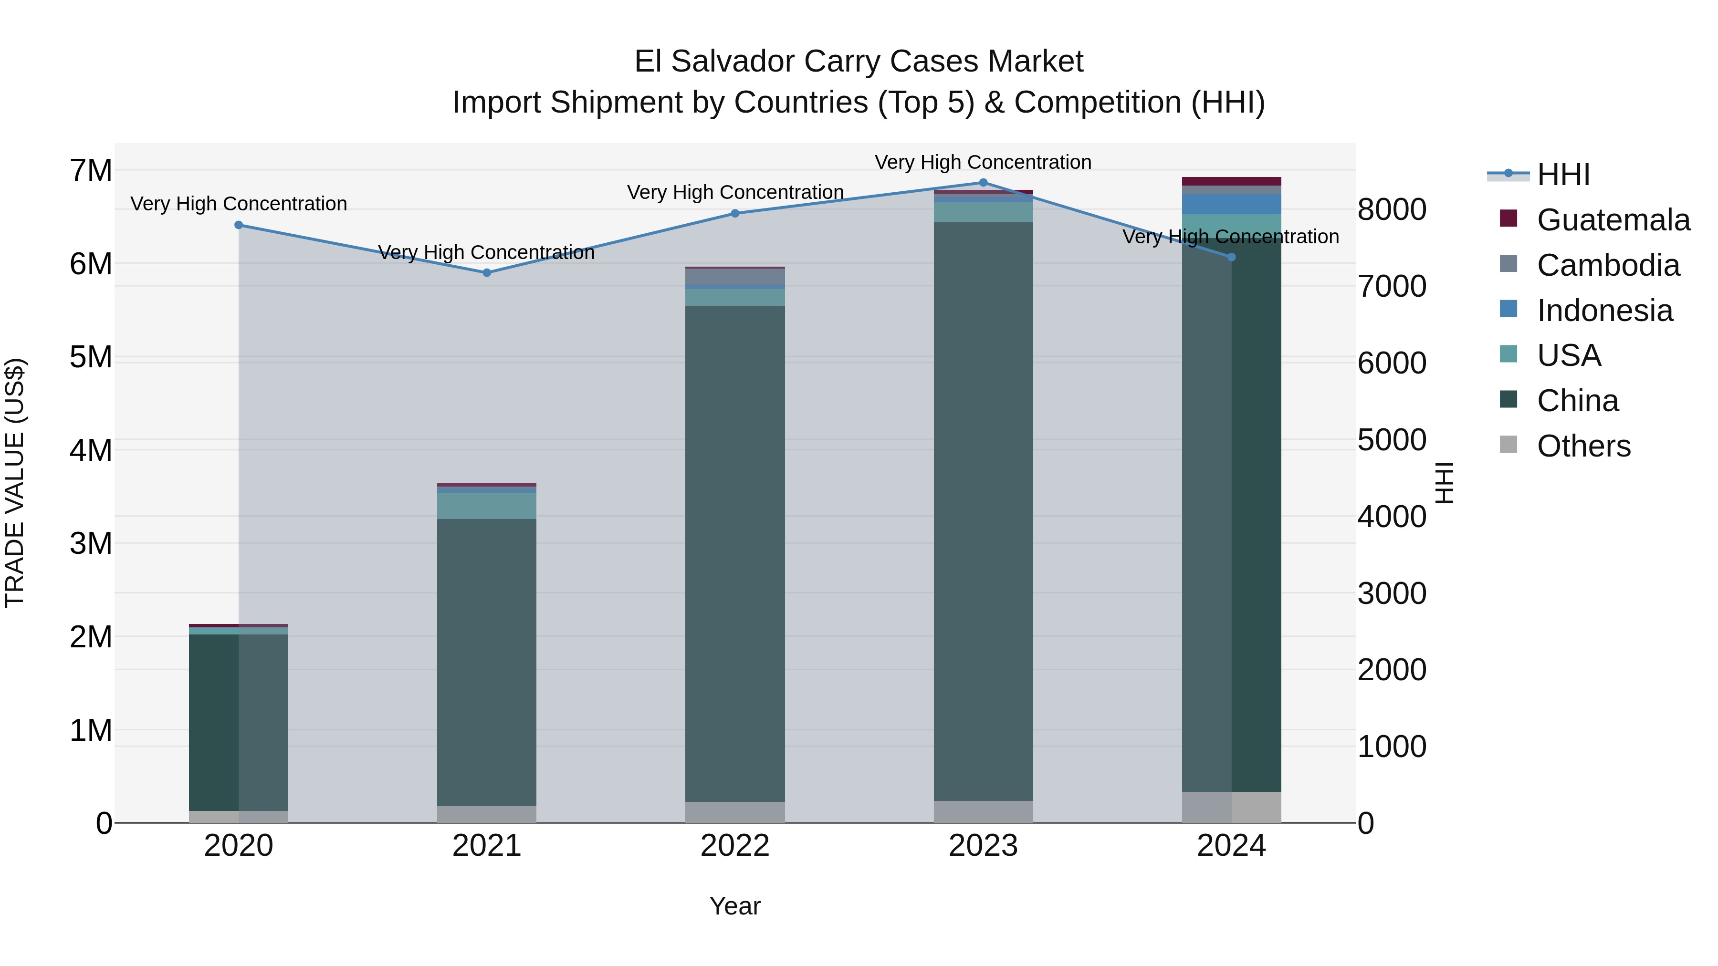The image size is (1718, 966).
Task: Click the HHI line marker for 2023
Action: [983, 183]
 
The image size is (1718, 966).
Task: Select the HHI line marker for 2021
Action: [487, 273]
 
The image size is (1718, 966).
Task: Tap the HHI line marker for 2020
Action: [239, 225]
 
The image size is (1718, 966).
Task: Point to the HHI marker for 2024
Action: [1231, 257]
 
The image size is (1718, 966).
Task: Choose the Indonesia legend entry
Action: [1604, 311]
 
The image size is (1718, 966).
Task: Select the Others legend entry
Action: [1583, 446]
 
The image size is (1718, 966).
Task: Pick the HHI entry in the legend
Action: [1562, 175]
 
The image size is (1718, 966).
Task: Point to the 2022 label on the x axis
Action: [735, 846]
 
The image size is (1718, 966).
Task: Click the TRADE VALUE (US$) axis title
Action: [15, 483]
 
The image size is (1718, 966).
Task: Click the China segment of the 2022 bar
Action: [735, 553]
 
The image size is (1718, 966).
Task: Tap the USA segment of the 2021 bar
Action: [487, 505]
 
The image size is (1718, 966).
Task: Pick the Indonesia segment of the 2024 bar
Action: [1231, 204]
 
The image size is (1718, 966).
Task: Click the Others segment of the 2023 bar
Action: [983, 811]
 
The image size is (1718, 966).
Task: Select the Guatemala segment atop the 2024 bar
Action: [1231, 181]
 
